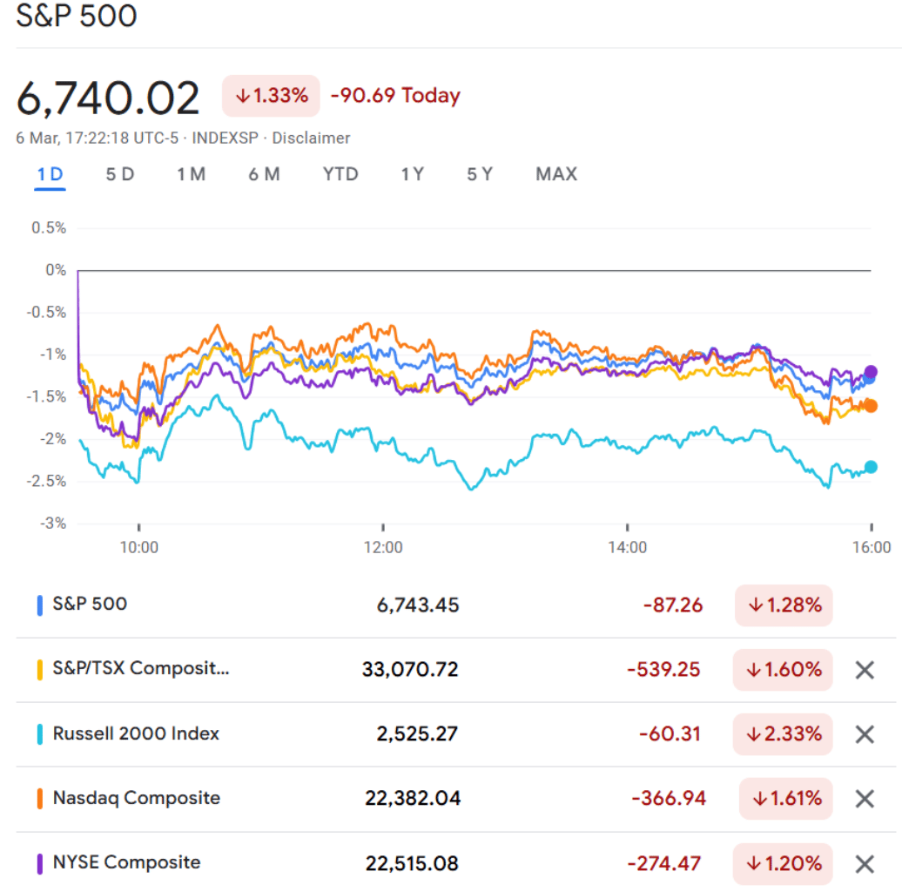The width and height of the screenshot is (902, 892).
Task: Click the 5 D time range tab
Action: (x=120, y=174)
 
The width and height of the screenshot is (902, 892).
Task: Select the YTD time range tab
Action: (x=340, y=174)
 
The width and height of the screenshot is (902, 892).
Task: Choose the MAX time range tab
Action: (x=556, y=174)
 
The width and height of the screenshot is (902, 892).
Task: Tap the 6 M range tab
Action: (x=264, y=174)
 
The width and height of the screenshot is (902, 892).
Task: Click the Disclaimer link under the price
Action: (x=311, y=138)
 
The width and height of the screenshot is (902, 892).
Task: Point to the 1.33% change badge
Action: (x=271, y=96)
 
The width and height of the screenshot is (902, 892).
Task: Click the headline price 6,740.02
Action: (x=108, y=98)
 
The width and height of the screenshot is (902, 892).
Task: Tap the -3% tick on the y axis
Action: (x=53, y=524)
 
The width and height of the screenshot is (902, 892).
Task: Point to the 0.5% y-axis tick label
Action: (x=49, y=228)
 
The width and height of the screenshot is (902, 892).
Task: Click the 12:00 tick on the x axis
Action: (x=383, y=548)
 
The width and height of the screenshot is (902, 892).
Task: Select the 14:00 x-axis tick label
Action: (x=628, y=548)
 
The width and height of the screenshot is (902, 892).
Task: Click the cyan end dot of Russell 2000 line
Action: (x=871, y=467)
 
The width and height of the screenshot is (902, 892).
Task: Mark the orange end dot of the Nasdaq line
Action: (x=871, y=406)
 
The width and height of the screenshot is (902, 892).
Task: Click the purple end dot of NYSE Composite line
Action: (x=871, y=372)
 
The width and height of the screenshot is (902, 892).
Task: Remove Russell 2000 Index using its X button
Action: (x=864, y=734)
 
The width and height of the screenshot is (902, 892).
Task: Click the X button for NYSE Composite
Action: (x=864, y=864)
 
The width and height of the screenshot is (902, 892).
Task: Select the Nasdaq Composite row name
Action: (x=136, y=798)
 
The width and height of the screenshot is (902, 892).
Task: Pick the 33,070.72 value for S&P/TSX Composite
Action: (x=410, y=670)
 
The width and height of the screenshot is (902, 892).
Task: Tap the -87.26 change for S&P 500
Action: (x=672, y=605)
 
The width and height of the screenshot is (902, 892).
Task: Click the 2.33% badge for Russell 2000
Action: (x=784, y=734)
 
